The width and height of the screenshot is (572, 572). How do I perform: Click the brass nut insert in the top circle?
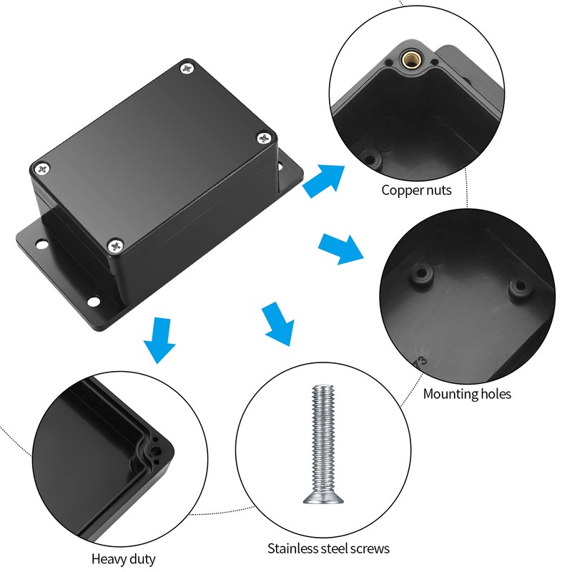point(411,56)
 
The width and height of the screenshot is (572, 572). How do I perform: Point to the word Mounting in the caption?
point(451,394)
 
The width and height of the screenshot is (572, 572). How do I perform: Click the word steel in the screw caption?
point(341,549)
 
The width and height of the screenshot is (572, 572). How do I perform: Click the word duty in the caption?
point(144,559)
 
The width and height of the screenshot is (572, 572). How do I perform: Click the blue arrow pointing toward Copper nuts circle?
point(322,179)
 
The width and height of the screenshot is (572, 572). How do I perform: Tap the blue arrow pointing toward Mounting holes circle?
point(340,247)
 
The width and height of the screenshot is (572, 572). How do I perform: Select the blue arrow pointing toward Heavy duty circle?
point(159,340)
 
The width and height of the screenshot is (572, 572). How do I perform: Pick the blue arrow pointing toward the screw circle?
point(278,323)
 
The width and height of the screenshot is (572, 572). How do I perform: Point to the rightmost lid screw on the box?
point(265,137)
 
